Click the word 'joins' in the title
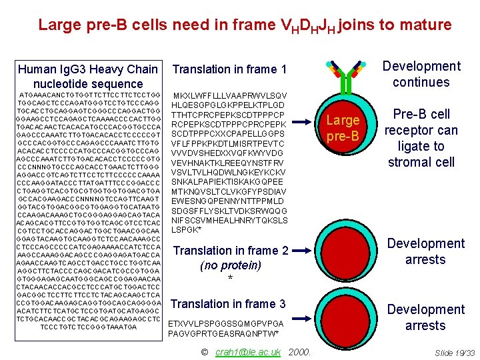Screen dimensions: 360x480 click(x=357, y=25)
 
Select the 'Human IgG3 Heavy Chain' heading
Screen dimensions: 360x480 click(x=88, y=69)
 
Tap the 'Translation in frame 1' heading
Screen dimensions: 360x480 click(x=229, y=69)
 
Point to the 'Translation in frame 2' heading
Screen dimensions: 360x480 click(x=231, y=251)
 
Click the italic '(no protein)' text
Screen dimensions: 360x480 click(x=230, y=265)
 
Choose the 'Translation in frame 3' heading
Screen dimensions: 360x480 click(x=228, y=304)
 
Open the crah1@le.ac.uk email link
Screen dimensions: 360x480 click(x=248, y=351)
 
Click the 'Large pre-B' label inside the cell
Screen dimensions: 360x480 click(x=343, y=128)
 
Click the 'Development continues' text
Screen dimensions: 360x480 click(x=421, y=74)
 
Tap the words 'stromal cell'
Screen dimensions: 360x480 click(x=421, y=162)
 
